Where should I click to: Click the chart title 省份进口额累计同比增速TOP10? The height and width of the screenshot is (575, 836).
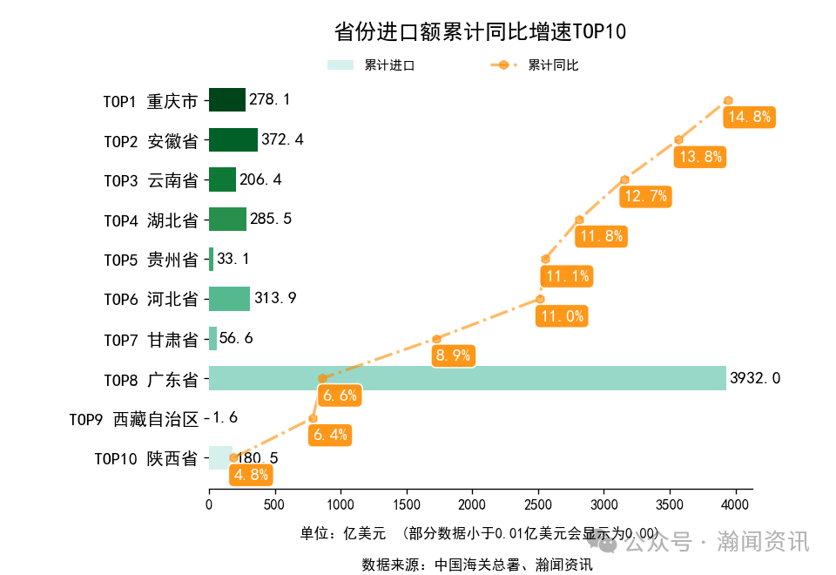point(480,32)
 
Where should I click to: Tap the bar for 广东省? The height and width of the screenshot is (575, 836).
point(467,378)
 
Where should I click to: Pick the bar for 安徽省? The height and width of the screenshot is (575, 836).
point(233,140)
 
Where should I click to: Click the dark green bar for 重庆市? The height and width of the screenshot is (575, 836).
point(226,100)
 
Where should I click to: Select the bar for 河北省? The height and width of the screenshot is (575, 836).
point(229,299)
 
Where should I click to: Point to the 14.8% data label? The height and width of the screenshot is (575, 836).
point(749,117)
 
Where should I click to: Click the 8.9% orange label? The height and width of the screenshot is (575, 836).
point(453,355)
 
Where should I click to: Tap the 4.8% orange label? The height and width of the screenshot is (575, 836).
point(251,475)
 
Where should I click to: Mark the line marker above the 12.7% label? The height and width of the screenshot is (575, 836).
point(624,179)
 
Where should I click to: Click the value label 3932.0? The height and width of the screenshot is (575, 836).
point(755,378)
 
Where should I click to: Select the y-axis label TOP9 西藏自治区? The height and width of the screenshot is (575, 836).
point(134,419)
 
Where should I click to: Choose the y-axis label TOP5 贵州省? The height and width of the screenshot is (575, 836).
point(151,260)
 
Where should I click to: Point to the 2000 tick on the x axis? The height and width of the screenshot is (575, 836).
point(472,504)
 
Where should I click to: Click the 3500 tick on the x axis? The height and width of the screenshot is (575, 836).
point(670,504)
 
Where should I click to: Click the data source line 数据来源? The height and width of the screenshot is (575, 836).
point(477,565)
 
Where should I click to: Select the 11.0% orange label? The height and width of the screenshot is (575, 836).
point(562,316)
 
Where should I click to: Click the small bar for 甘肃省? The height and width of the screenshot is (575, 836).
point(212,338)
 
